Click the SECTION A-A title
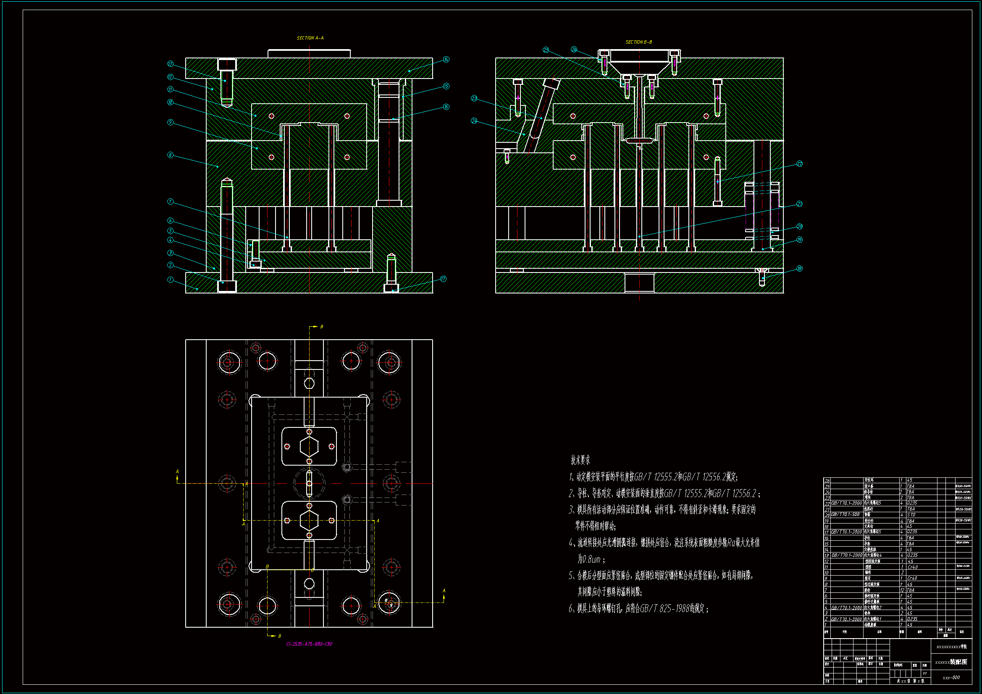click(x=310, y=38)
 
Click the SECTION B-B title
click(x=638, y=42)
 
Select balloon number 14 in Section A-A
click(x=446, y=60)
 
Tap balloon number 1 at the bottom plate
click(x=170, y=280)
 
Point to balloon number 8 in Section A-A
click(x=170, y=155)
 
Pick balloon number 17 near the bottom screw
click(x=443, y=279)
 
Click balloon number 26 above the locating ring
click(x=574, y=50)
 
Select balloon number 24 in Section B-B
click(x=474, y=121)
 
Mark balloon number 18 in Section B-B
click(x=799, y=269)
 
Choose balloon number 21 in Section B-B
click(x=799, y=204)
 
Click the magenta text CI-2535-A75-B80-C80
click(x=309, y=644)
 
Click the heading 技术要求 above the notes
click(x=580, y=460)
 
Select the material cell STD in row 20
click(x=911, y=515)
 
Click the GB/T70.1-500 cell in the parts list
click(x=845, y=515)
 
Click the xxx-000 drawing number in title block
click(x=951, y=678)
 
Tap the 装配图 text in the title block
click(x=958, y=662)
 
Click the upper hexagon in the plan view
click(x=309, y=447)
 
